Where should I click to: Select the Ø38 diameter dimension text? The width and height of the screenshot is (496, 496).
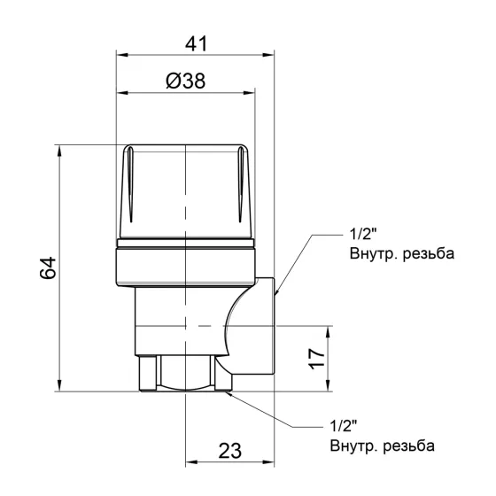[x=186, y=81]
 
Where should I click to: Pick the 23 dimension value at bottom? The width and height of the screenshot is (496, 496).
[x=229, y=450]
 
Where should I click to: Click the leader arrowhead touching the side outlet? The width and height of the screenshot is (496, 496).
[x=277, y=291]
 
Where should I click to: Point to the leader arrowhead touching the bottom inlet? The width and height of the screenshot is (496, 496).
[x=233, y=394]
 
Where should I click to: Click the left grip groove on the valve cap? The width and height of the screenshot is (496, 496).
[x=129, y=189]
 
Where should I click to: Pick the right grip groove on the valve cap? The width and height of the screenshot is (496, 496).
[x=241, y=189]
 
